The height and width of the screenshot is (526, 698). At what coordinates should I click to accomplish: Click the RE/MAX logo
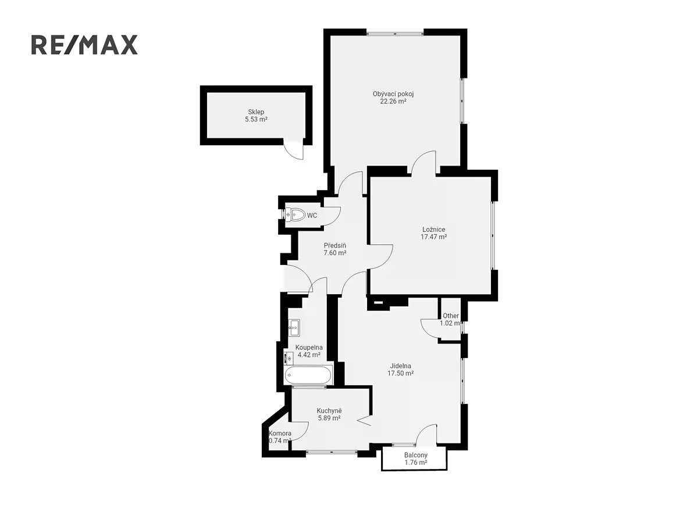(84, 45)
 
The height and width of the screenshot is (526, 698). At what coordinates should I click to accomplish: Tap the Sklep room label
(256, 112)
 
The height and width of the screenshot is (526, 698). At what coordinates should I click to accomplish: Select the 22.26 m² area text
(393, 102)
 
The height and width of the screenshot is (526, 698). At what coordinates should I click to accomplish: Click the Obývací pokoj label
(393, 94)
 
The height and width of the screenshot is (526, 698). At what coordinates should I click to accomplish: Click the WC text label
(312, 216)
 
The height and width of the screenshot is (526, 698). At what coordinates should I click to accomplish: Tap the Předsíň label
(335, 245)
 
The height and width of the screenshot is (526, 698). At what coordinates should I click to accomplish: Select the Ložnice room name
(434, 230)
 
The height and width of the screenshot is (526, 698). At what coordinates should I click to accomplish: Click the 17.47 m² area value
(434, 237)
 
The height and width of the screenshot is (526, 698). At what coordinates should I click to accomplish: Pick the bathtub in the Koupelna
(308, 375)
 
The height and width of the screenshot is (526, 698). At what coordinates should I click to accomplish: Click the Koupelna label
(309, 348)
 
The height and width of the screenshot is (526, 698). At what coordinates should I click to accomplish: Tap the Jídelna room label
(400, 366)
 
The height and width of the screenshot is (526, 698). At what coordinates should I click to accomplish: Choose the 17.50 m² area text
(400, 374)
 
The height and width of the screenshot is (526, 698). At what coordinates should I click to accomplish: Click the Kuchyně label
(329, 411)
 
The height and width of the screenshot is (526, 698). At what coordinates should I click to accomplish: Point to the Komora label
(280, 434)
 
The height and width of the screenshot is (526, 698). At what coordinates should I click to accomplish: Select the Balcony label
(416, 455)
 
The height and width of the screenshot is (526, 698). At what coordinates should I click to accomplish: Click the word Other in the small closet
(451, 316)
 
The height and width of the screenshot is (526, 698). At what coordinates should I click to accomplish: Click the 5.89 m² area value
(329, 418)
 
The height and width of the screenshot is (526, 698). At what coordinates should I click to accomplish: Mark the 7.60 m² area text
(335, 253)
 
